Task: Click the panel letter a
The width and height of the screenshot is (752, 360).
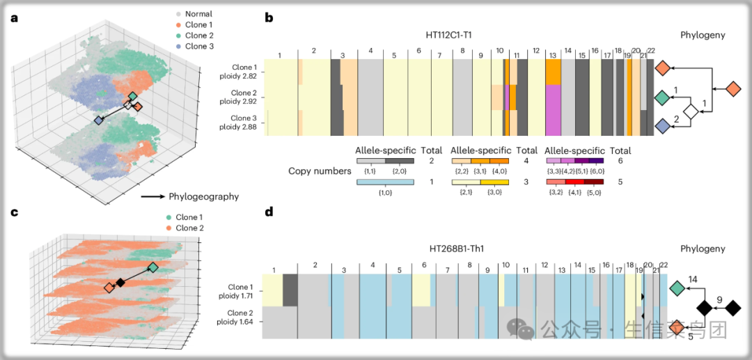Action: point(14,18)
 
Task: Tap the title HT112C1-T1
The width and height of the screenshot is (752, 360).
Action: point(453,34)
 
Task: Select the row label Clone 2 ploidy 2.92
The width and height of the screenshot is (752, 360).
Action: point(244,97)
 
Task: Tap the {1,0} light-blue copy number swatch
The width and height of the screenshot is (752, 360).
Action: point(385,182)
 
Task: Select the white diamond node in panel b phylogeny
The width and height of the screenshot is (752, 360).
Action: point(690,111)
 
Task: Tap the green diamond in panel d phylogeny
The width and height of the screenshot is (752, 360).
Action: point(676,287)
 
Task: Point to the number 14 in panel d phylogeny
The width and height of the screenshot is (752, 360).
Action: point(693,279)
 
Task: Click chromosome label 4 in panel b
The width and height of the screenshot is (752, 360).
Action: point(370,52)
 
